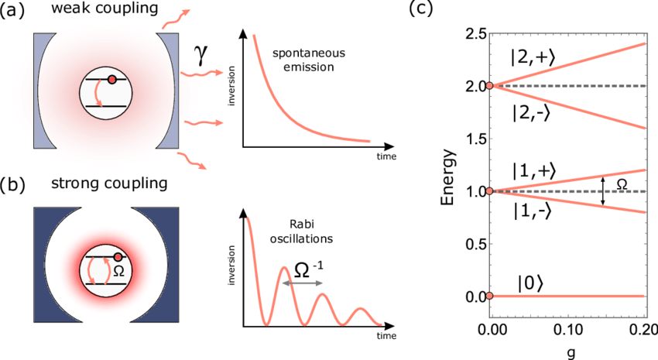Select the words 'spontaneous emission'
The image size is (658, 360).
click(303, 60)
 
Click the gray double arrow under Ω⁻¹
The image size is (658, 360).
click(301, 284)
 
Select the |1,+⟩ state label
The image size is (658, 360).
click(532, 172)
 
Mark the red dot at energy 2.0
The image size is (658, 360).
click(492, 86)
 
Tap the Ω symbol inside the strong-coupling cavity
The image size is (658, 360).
click(119, 271)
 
